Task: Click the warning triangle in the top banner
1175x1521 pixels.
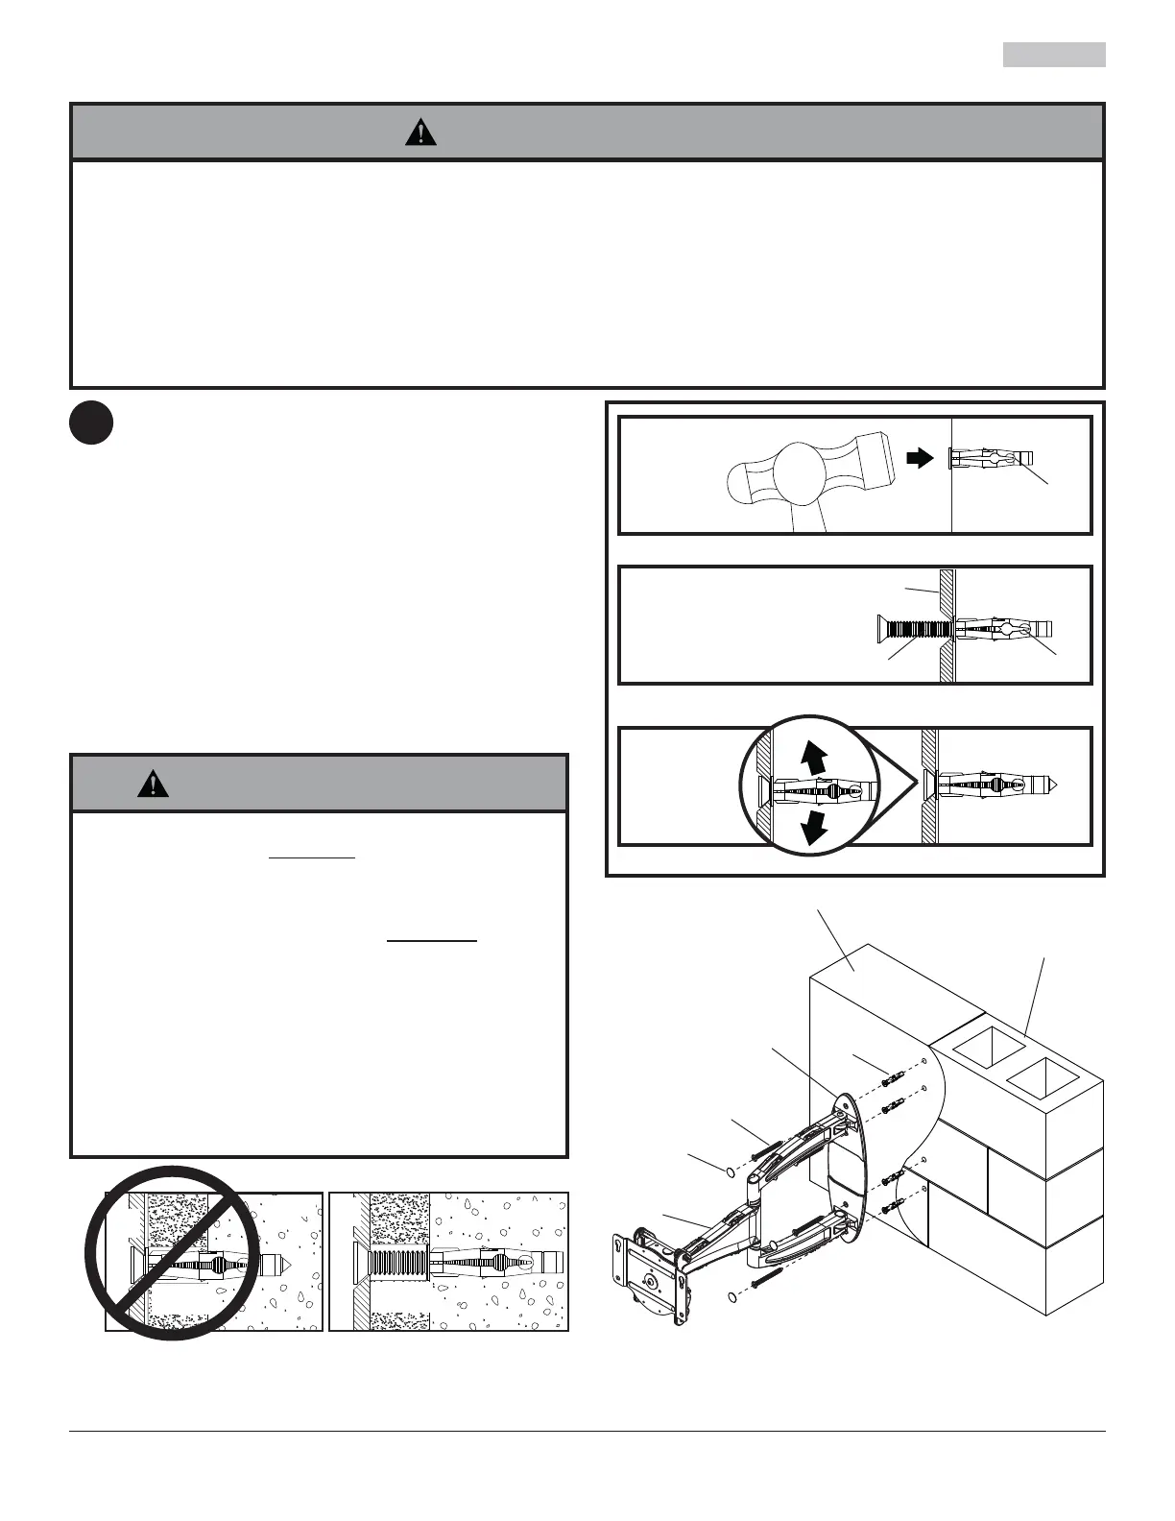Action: pyautogui.click(x=420, y=133)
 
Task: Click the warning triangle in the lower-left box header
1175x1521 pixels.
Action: pyautogui.click(x=153, y=784)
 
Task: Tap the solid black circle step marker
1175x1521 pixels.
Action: pyautogui.click(x=91, y=423)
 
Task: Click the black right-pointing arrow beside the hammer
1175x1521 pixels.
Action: pyautogui.click(x=920, y=459)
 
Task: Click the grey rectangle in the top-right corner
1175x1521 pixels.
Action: pyautogui.click(x=1054, y=55)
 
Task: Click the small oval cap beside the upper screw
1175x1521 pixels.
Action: pyautogui.click(x=728, y=1172)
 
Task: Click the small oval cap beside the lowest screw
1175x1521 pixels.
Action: pyautogui.click(x=733, y=1297)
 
